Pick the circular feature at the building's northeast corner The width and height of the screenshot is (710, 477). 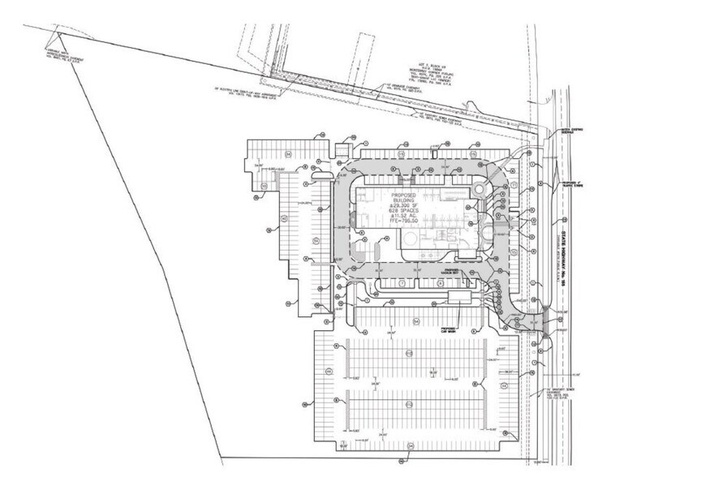[x=480, y=188]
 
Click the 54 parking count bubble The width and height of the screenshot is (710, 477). [x=415, y=322]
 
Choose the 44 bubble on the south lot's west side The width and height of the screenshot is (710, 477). [x=328, y=371]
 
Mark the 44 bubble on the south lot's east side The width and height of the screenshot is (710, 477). [x=504, y=386]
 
